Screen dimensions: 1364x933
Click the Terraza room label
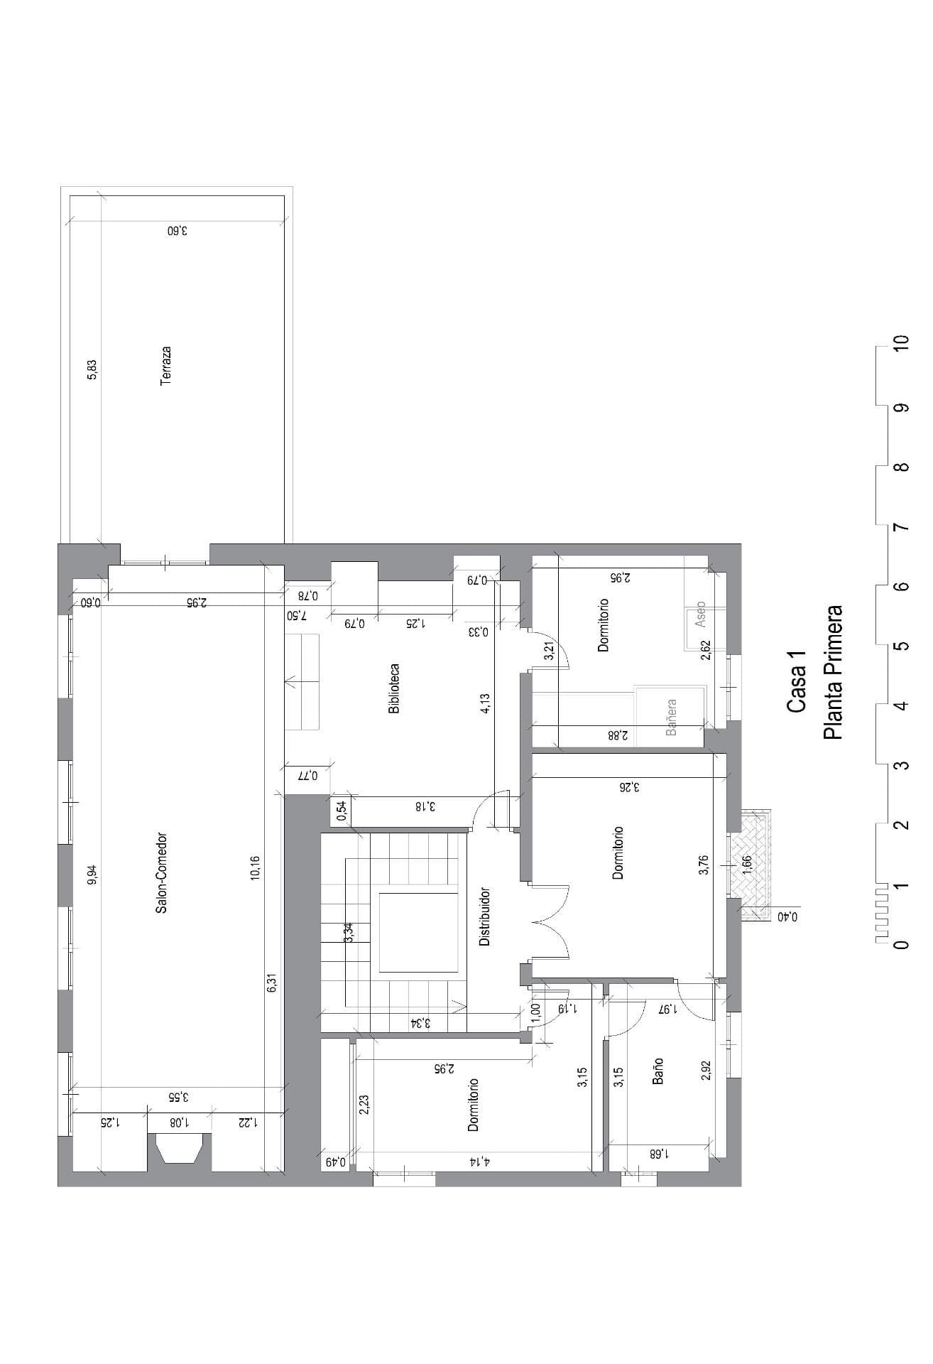click(x=165, y=366)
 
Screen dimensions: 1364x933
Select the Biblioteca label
click(x=394, y=688)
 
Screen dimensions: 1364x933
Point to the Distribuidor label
click(x=485, y=916)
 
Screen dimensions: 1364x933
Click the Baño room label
click(x=658, y=1071)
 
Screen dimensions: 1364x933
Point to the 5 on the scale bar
click(x=902, y=646)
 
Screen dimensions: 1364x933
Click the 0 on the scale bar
click(x=902, y=945)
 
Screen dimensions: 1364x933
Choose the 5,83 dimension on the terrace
click(x=92, y=369)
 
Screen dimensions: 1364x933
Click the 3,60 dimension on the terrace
click(x=178, y=231)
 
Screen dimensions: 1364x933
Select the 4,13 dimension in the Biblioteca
click(x=486, y=704)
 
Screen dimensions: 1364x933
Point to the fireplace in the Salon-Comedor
click(x=180, y=1148)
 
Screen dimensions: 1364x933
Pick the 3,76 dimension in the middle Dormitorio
click(x=703, y=865)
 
